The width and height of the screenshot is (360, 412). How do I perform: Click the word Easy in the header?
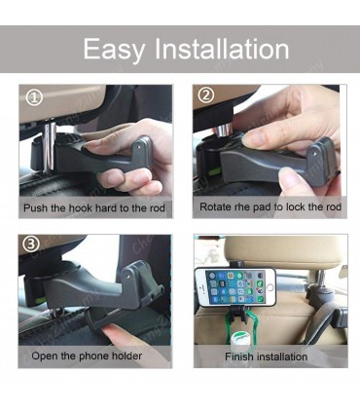pos(114,50)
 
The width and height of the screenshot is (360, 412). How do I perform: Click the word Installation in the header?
pos(222,49)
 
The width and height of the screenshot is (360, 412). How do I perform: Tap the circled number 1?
pos(34,97)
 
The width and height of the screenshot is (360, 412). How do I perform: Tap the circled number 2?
pos(206,95)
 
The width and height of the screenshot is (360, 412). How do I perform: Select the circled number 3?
pos(31,244)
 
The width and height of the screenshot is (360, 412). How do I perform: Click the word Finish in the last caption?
pos(239,356)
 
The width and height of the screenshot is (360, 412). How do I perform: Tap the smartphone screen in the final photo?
pos(235,286)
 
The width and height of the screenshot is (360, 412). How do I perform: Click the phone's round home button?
pos(270,287)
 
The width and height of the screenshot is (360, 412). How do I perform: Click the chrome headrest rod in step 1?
pos(50,144)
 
